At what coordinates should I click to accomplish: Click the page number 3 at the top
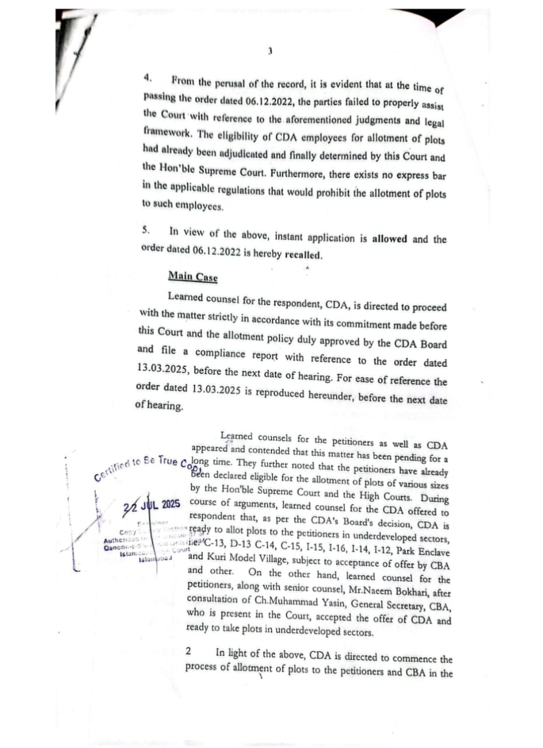coord(270,51)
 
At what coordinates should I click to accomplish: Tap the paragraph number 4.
coord(149,77)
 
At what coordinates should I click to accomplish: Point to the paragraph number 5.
coord(146,230)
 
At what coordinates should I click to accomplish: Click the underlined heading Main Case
coord(193,276)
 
